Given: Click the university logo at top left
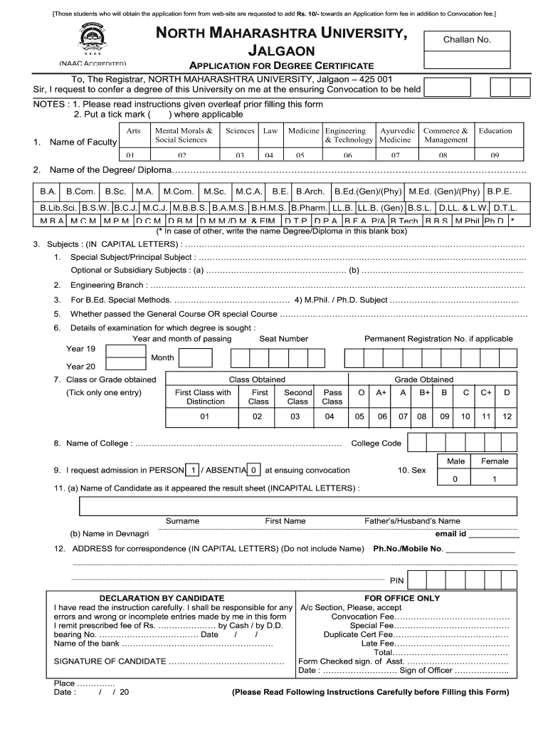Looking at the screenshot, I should (90, 40).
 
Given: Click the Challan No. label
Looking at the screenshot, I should (467, 40).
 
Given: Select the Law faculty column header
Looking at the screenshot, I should (270, 131).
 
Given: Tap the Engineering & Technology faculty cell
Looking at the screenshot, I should (349, 135).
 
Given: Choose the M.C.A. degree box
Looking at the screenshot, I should (249, 192).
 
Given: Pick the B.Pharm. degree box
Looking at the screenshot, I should (310, 207).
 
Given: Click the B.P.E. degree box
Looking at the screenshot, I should (499, 192).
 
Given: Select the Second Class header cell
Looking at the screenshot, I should (297, 397).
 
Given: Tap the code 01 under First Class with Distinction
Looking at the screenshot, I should (204, 416).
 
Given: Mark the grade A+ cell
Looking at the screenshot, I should (381, 392).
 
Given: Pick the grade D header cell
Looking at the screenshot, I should (507, 392).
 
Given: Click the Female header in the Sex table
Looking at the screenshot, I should (495, 461).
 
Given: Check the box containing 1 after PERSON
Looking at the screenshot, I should (192, 471).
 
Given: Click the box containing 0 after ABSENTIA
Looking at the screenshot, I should (253, 471).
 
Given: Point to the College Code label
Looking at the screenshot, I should (376, 444).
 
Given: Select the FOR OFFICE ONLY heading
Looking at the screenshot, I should (402, 598).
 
